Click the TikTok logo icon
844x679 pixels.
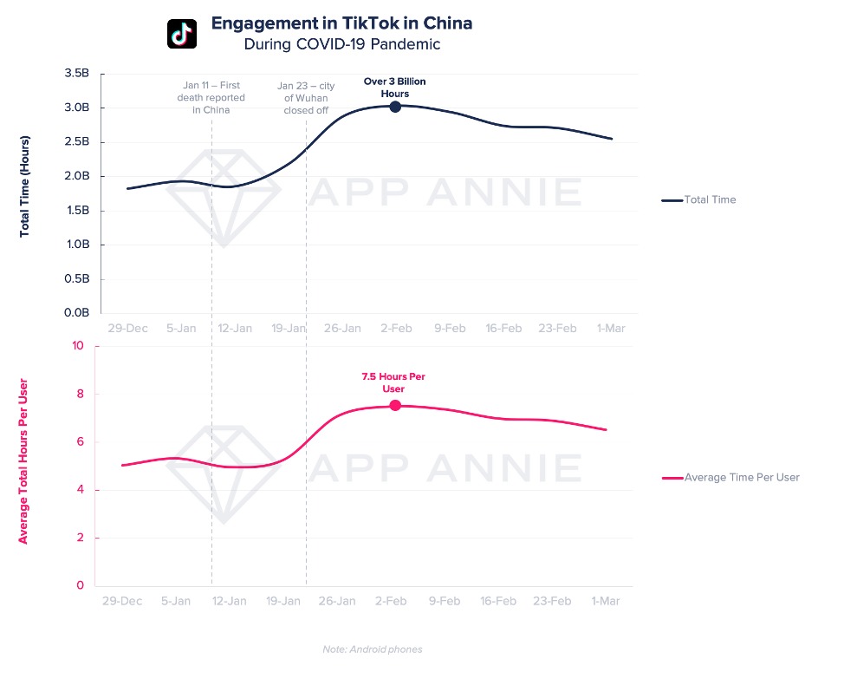pyautogui.click(x=182, y=33)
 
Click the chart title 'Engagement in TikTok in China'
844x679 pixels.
pyautogui.click(x=341, y=23)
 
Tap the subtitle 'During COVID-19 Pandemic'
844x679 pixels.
pyautogui.click(x=341, y=43)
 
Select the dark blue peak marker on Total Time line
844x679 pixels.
pyautogui.click(x=395, y=107)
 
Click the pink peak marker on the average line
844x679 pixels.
pyautogui.click(x=395, y=405)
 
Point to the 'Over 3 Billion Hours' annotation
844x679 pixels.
pyautogui.click(x=394, y=87)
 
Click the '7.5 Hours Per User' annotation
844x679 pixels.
pyautogui.click(x=393, y=382)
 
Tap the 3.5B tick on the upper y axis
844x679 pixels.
pyautogui.click(x=77, y=74)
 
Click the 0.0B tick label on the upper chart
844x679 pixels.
pyautogui.click(x=77, y=313)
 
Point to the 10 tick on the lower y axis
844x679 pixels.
pyautogui.click(x=78, y=346)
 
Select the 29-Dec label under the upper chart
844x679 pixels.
pyautogui.click(x=127, y=329)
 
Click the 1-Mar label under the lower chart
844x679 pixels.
pyautogui.click(x=607, y=601)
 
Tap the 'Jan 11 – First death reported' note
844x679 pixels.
pyautogui.click(x=213, y=97)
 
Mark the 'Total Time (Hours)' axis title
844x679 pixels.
pyautogui.click(x=25, y=186)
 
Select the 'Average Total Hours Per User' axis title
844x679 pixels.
pyautogui.click(x=23, y=461)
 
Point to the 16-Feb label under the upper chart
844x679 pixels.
pyautogui.click(x=503, y=329)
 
